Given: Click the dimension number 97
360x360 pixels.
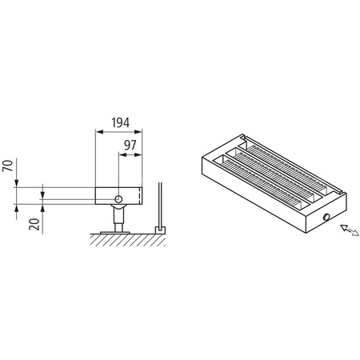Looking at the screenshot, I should [130, 146].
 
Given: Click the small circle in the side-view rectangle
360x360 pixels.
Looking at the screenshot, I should [118, 198].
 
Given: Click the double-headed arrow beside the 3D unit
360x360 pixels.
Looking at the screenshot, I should [347, 233].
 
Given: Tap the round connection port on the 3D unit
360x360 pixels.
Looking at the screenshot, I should [326, 218].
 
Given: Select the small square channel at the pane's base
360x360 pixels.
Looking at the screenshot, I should [159, 230].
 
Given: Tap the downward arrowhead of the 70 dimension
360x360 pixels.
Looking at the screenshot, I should [18, 185].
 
